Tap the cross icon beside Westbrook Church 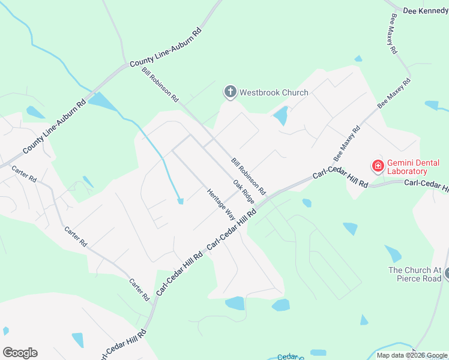tap(230, 92)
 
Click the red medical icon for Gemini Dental tap(378, 165)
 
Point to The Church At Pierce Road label tap(415, 274)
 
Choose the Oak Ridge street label tap(244, 192)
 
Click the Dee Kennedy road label tap(426, 11)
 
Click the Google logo tap(20, 353)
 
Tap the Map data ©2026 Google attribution tap(412, 355)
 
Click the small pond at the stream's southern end tap(180, 202)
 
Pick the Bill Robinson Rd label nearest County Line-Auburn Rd tap(160, 83)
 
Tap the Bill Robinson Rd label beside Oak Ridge tap(248, 176)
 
